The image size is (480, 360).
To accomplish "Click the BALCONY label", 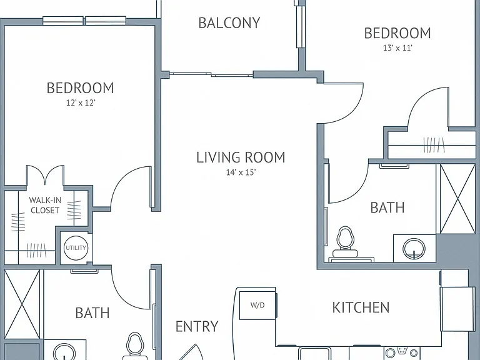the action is tap(229, 23).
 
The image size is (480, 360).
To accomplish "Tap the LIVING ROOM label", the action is tap(241, 157).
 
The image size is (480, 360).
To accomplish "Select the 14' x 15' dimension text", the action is tap(241, 172).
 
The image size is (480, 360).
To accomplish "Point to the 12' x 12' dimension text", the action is tap(81, 103).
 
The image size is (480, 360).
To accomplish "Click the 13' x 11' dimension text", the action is tap(397, 48).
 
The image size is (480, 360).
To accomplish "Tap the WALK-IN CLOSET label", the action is tap(45, 205).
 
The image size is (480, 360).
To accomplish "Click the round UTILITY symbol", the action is tap(76, 247).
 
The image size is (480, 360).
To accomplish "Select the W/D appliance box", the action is tap(257, 305).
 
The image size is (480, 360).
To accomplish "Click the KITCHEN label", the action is tap(361, 307).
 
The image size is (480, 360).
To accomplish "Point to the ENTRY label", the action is tap(197, 327).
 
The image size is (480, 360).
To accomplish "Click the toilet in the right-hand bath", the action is tap(345, 242).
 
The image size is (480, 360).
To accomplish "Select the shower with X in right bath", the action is tap(457, 199).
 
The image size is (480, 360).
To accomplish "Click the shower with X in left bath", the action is tap(22, 304).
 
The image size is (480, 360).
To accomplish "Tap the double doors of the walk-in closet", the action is tap(45, 176).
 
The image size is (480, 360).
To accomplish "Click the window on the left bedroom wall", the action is tap(84, 21).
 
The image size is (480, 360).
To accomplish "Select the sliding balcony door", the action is tap(211, 74).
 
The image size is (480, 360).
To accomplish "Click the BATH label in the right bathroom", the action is tap(387, 207).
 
